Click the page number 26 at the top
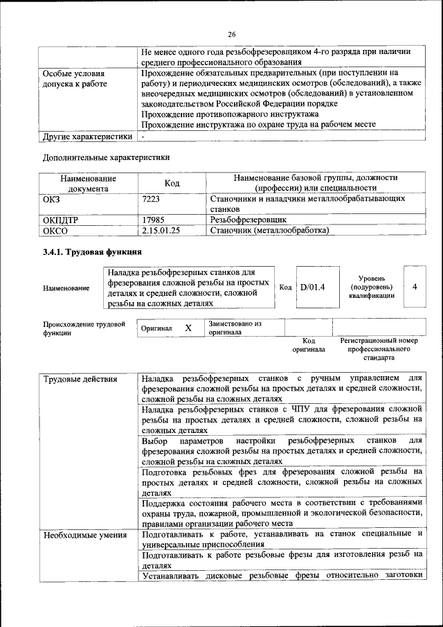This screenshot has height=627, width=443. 231,35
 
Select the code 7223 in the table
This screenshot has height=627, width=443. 150,198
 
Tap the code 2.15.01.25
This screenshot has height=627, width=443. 161,230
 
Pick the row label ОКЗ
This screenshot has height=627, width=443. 53,198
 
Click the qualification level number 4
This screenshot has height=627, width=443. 414,286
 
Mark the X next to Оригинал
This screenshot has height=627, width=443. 188,328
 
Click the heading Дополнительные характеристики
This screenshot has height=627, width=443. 106,157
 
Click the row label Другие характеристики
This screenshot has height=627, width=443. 87,136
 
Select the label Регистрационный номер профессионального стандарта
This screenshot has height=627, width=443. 379,349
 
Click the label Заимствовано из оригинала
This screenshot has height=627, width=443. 235,328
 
